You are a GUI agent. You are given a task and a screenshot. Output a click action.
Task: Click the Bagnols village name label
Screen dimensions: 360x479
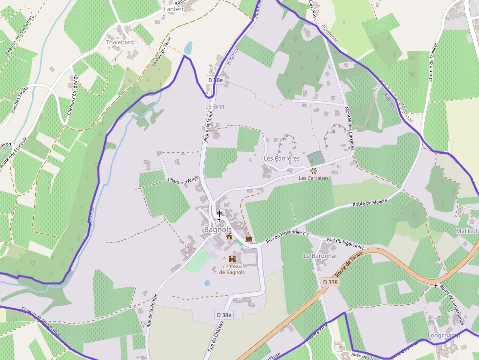point(218,230)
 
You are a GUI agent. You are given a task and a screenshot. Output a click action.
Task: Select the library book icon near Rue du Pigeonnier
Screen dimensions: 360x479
point(248,239)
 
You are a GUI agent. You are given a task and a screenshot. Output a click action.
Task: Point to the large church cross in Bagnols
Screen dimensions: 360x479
point(219,214)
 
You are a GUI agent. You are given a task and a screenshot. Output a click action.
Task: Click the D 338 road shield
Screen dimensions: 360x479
point(330,282)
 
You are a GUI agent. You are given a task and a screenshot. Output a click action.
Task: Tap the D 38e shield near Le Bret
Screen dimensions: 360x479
point(215,80)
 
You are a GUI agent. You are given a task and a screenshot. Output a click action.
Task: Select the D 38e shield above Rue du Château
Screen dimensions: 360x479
point(223,315)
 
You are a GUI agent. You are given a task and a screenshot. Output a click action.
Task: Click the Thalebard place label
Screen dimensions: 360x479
point(120,42)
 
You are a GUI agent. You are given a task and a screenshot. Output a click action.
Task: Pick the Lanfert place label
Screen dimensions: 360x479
point(174,9)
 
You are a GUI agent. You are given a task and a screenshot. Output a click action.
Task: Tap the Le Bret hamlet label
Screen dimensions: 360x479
point(215,106)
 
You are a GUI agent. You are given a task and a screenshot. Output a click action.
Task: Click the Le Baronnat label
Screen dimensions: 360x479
point(320,256)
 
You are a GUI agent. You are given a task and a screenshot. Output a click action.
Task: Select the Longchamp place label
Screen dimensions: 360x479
point(444,336)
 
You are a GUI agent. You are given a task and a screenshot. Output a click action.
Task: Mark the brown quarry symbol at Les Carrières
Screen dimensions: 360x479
point(313,170)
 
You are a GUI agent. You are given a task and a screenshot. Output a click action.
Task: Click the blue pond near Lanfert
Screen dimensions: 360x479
point(188,48)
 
